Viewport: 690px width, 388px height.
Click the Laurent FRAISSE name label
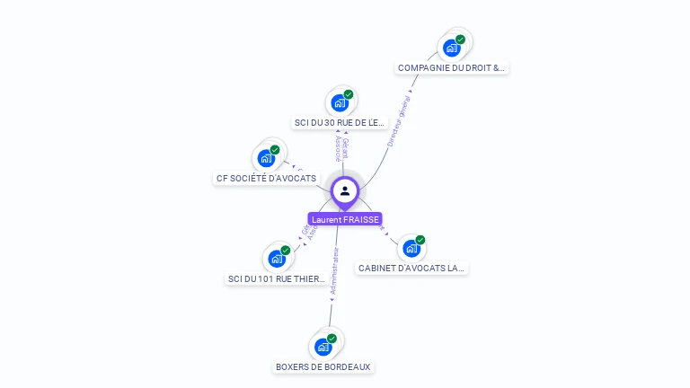pos(345,219)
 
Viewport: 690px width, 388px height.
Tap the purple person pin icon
pos(345,190)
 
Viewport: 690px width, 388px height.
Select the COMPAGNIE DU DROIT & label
pos(452,67)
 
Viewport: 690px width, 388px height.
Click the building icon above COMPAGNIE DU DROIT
pos(451,48)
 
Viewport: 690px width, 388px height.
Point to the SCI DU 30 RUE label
pos(340,122)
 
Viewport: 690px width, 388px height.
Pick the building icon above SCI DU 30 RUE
pos(340,102)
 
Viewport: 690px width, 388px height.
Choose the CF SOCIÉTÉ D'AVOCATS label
pos(266,178)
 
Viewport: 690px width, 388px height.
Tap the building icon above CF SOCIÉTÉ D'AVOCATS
pos(266,158)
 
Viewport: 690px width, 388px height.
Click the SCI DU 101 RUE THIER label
pos(277,278)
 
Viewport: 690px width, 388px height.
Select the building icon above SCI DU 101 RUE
pos(277,259)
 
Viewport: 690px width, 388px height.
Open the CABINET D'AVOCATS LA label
pos(412,268)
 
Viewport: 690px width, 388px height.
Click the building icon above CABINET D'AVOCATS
pos(411,248)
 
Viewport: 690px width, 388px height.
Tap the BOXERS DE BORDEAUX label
pos(323,366)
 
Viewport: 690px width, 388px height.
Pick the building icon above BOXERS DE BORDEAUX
pos(323,347)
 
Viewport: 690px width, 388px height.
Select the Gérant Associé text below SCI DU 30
pos(341,149)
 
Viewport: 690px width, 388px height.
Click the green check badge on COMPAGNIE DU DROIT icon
pos(460,40)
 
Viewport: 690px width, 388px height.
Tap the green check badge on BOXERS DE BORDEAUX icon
pos(332,339)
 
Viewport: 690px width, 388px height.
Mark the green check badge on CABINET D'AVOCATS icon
pos(420,240)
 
